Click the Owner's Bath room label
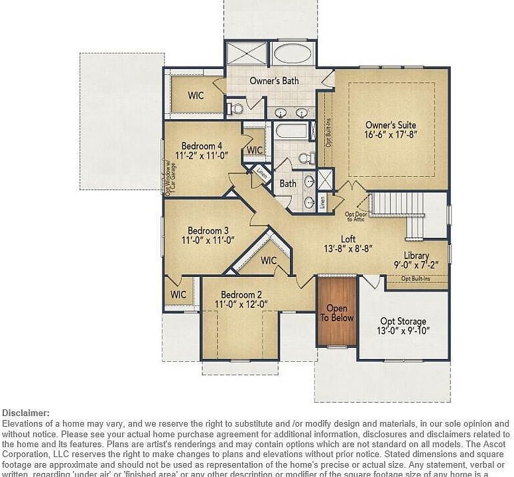tap(274, 81)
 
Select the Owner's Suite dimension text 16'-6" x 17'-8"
tap(391, 134)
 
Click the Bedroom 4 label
tap(202, 146)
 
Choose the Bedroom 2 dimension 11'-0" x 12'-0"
tap(241, 304)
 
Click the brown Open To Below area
tap(337, 313)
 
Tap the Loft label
tap(348, 239)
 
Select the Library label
tap(417, 256)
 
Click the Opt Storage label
tap(403, 321)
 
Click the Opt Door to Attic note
tap(355, 216)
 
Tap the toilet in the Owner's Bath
tap(235, 107)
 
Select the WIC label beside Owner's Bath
tap(196, 95)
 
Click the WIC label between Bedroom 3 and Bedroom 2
tap(269, 260)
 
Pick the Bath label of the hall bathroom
tap(287, 184)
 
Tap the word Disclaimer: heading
tap(26, 413)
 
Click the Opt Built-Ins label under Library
tap(416, 278)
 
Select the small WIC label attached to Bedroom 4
tap(255, 150)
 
